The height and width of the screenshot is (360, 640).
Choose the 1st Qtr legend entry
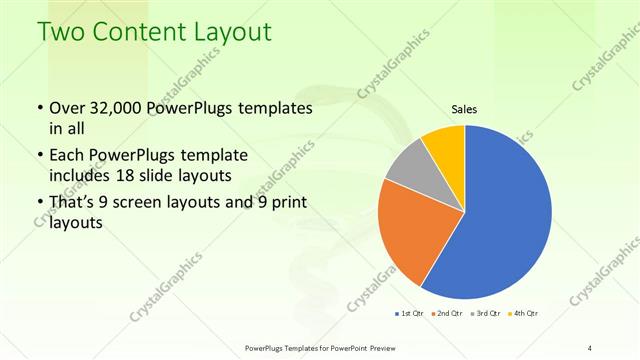(x=411, y=313)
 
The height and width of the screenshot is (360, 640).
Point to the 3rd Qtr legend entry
(x=487, y=313)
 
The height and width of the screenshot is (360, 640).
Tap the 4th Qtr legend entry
(x=525, y=313)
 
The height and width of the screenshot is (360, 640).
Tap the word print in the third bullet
(x=286, y=206)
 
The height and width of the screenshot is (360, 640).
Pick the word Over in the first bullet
(x=66, y=107)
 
